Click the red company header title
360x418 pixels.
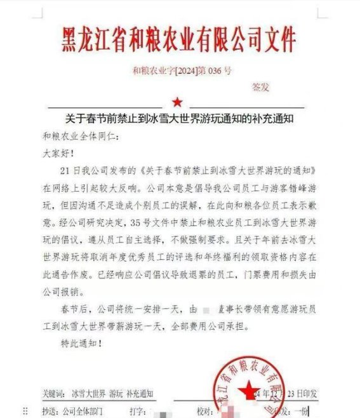(x=180, y=39)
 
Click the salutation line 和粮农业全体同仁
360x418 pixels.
(x=79, y=137)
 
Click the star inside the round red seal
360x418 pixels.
(x=249, y=389)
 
